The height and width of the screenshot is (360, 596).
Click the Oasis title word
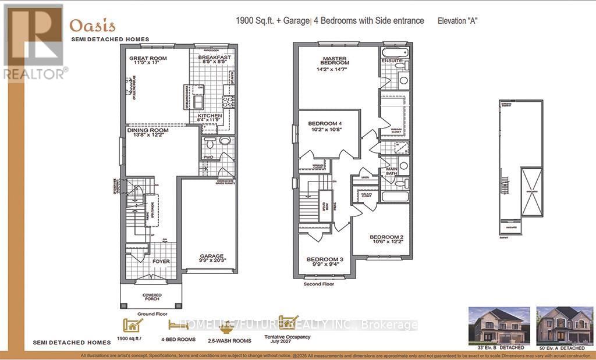pyautogui.click(x=93, y=26)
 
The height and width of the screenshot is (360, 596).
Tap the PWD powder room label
pyautogui.click(x=208, y=157)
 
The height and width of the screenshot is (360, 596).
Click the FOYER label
pyautogui.click(x=161, y=261)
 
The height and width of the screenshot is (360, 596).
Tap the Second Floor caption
pyautogui.click(x=318, y=285)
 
